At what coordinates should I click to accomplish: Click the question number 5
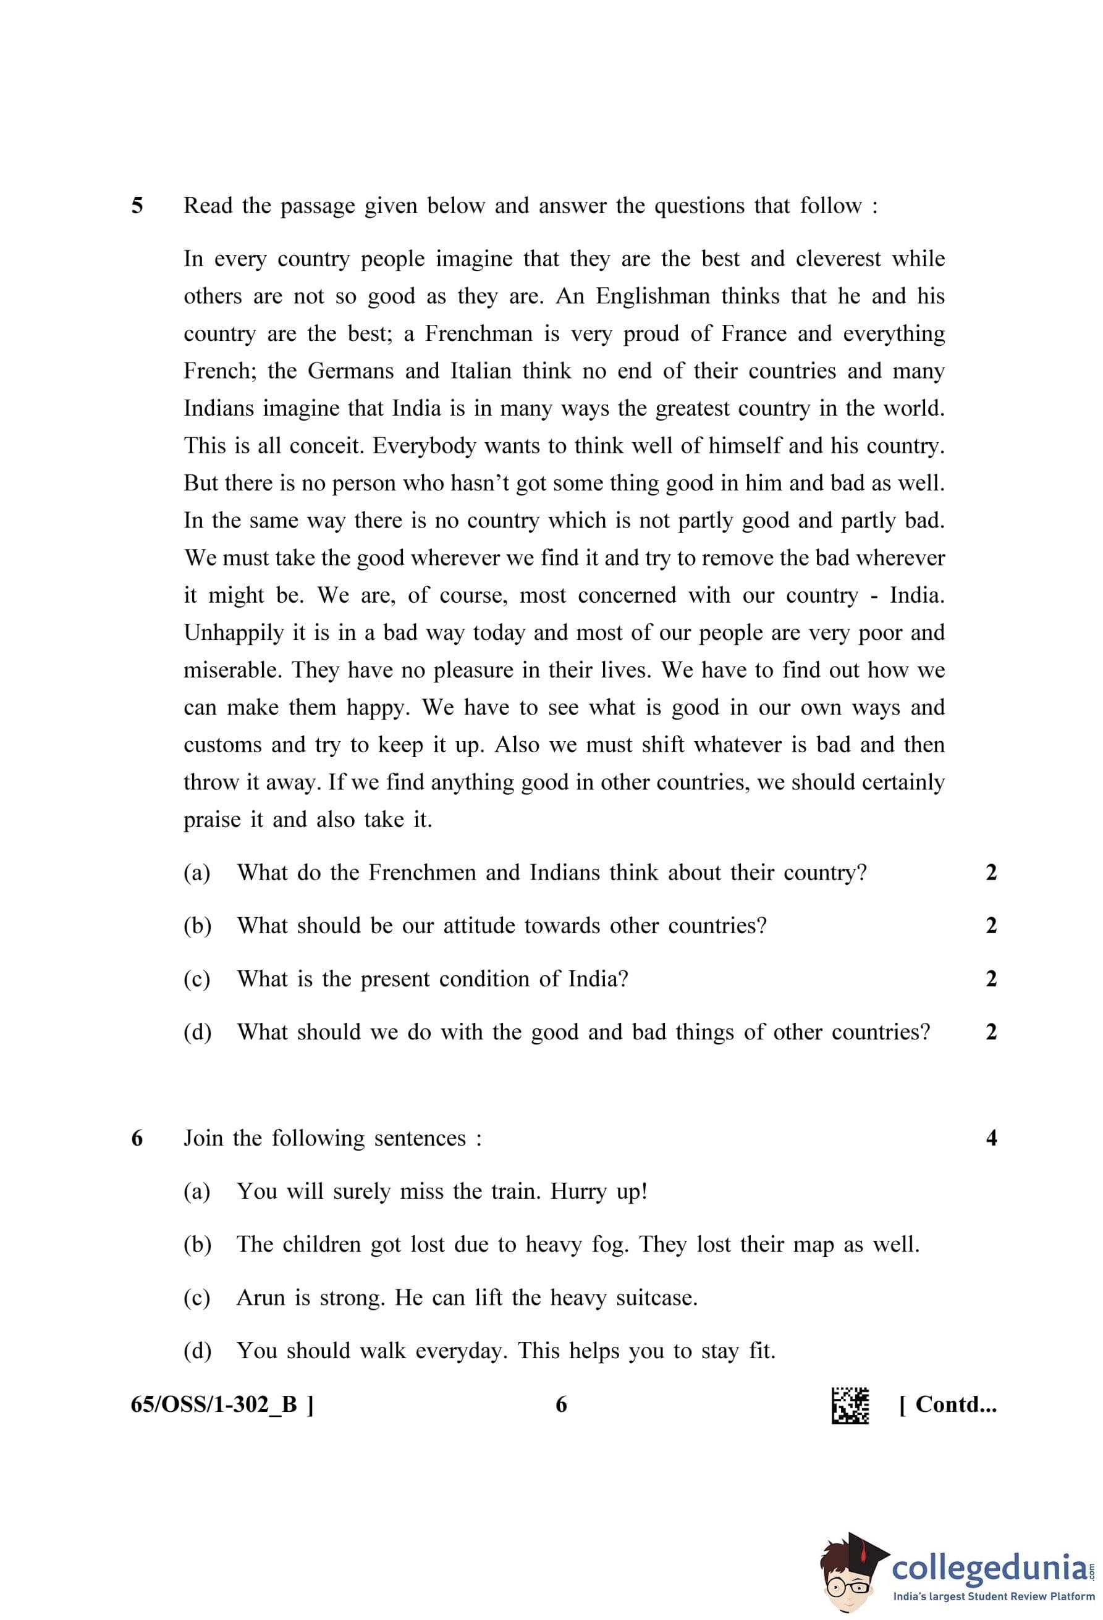tap(137, 206)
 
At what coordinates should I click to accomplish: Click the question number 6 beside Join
tap(137, 1138)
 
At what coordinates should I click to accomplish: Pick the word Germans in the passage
tap(351, 371)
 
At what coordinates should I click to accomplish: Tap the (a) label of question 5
tap(197, 873)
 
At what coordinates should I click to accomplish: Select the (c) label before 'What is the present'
tap(197, 980)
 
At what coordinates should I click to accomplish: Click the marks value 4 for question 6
tap(991, 1138)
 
